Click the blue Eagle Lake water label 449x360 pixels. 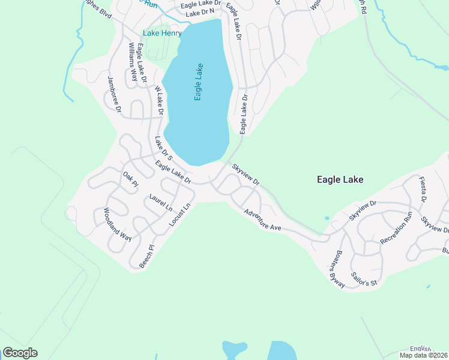click(198, 82)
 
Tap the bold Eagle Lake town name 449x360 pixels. click(340, 179)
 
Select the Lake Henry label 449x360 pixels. click(161, 33)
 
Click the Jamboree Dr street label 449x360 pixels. click(115, 95)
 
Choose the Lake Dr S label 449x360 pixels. click(163, 149)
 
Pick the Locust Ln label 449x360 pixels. click(180, 214)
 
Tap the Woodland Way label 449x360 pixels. click(116, 224)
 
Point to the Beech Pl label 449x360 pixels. click(147, 256)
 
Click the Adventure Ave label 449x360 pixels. click(262, 220)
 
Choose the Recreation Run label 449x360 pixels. click(396, 227)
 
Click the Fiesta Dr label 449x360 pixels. click(423, 190)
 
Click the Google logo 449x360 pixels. click(20, 353)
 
